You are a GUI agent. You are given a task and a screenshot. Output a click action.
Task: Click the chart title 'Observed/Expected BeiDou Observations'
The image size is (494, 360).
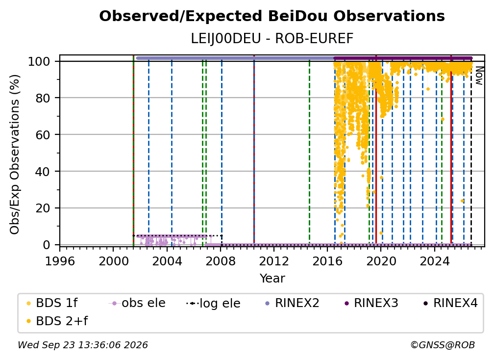click(x=272, y=16)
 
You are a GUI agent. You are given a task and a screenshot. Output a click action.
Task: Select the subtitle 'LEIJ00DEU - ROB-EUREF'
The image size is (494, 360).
click(x=272, y=39)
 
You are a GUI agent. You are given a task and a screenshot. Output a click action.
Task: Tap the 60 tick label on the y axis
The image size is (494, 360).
click(x=43, y=135)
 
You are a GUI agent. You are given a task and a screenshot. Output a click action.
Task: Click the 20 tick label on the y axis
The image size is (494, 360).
click(x=43, y=208)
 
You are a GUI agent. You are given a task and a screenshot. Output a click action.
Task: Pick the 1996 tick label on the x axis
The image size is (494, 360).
click(x=60, y=261)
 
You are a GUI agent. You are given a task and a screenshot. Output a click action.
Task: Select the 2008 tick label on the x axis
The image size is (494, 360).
click(x=221, y=261)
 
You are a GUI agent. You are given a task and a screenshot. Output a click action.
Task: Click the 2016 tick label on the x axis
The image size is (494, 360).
click(x=327, y=261)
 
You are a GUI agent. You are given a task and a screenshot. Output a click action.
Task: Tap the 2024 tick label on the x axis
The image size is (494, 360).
click(x=434, y=261)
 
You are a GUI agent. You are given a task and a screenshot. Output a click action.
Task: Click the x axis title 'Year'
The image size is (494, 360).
click(x=272, y=279)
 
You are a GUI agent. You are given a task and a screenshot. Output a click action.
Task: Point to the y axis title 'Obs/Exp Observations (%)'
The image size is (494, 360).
click(x=15, y=154)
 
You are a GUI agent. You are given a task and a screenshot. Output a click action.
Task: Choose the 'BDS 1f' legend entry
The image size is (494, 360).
click(x=52, y=303)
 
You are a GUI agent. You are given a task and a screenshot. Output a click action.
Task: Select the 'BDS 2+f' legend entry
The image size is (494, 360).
click(x=57, y=321)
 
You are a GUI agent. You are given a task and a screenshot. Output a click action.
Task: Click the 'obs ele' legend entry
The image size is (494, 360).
click(x=137, y=303)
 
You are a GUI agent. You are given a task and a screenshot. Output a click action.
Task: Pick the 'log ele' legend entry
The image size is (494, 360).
click(x=214, y=304)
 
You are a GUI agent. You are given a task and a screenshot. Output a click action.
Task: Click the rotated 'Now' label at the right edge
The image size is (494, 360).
click(x=479, y=76)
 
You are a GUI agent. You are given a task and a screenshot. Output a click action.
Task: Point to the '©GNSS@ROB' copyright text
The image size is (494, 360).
click(x=443, y=345)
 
